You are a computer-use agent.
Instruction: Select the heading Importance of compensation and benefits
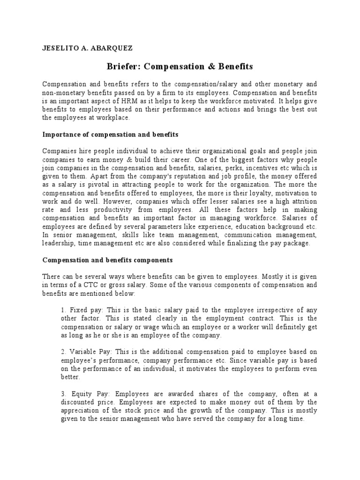point(110,135)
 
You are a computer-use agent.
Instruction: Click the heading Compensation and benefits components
point(108,259)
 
